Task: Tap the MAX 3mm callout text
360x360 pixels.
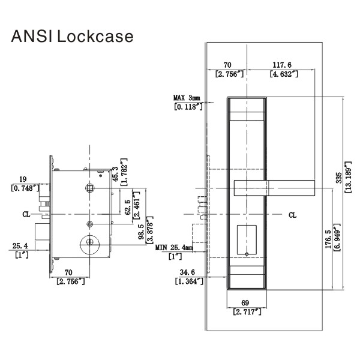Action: (187, 98)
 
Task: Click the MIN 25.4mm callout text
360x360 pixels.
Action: (175, 247)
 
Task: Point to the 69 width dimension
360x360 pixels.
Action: (247, 304)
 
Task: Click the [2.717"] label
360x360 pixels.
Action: (247, 313)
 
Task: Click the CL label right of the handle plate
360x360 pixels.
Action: (292, 215)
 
